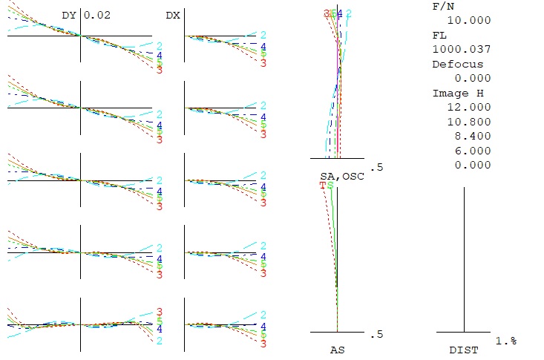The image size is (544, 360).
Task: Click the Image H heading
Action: (x=450, y=94)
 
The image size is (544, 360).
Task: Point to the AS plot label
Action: (x=337, y=348)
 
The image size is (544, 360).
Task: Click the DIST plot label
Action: (x=464, y=348)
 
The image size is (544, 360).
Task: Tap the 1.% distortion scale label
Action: (x=506, y=340)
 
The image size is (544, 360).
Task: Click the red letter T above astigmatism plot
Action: (x=323, y=185)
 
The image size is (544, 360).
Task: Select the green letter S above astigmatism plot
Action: (x=330, y=185)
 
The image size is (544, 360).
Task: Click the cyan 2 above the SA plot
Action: (x=349, y=13)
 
